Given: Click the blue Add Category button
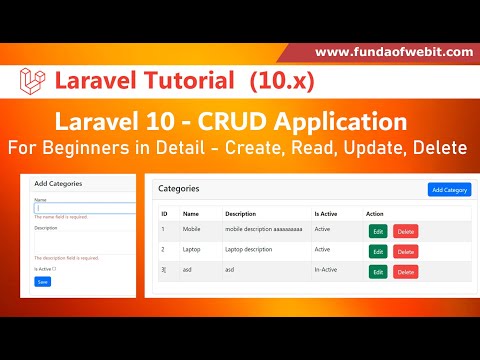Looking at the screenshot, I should (x=449, y=189).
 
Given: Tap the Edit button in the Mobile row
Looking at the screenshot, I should (x=378, y=231).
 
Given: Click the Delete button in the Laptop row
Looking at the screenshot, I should (x=406, y=251).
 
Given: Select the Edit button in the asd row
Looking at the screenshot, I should (x=378, y=271).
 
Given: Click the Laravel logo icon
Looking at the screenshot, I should (x=34, y=79).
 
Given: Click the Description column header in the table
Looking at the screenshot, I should (x=241, y=213).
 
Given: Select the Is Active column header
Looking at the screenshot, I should (x=326, y=213).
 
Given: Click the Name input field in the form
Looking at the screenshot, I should (x=84, y=208).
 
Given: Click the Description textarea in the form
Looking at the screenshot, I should (x=84, y=242).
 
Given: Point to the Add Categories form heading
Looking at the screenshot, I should (x=58, y=184).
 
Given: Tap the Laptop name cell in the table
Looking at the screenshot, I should (x=194, y=250).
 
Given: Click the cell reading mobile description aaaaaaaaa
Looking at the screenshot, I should (x=263, y=230).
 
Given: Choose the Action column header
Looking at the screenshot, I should (x=375, y=213).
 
